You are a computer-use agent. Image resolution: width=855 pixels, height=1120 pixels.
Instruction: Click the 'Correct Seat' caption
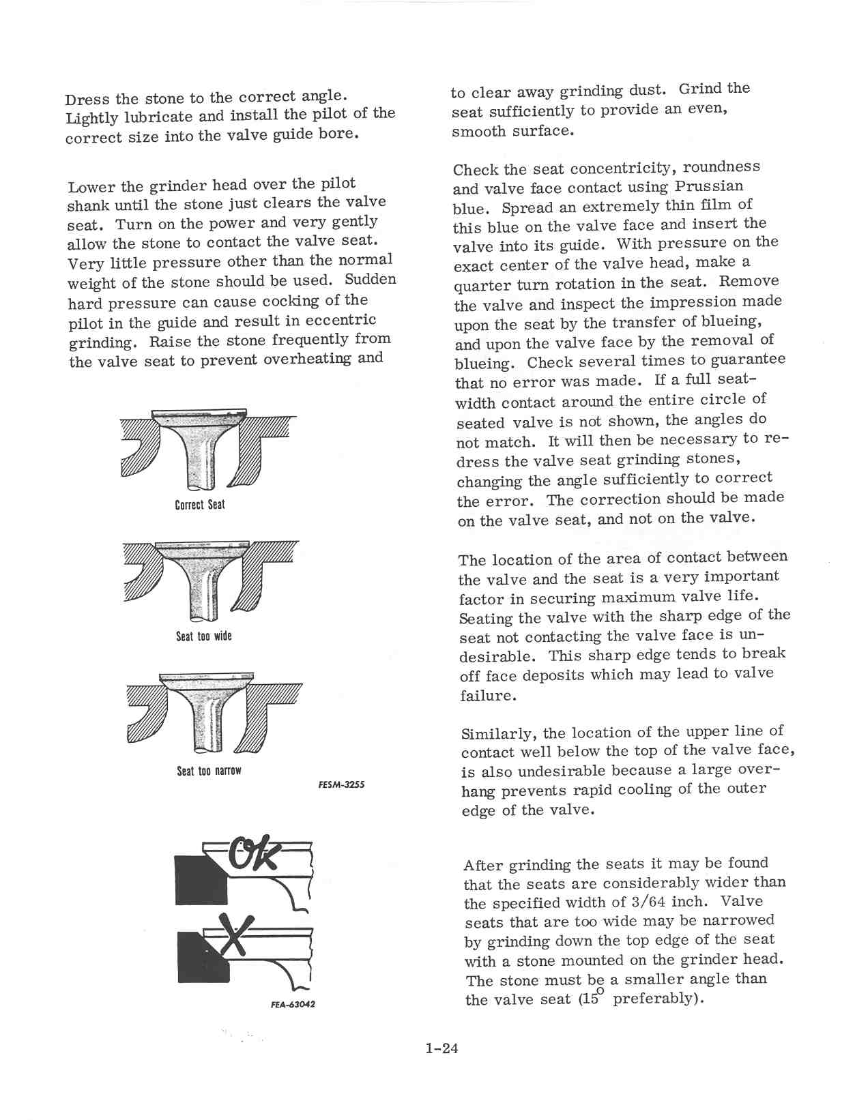(199, 505)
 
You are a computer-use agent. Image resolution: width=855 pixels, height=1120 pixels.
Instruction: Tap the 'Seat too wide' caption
(203, 636)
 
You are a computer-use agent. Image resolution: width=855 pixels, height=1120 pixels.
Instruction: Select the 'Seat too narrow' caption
(209, 771)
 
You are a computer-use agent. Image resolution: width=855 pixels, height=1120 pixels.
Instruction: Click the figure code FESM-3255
(341, 784)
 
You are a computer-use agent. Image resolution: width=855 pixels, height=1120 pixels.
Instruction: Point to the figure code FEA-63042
(293, 1005)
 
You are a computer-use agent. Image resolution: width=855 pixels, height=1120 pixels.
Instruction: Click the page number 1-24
(441, 1048)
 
